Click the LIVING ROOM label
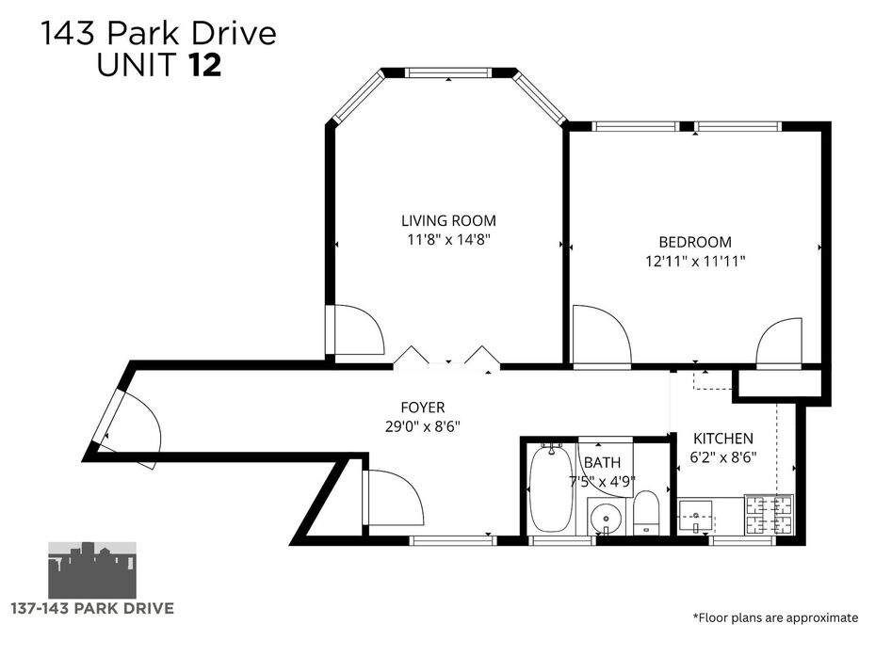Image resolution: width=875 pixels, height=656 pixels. tap(448, 220)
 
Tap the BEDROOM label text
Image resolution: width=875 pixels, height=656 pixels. tap(695, 242)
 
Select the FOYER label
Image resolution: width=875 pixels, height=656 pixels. tap(423, 408)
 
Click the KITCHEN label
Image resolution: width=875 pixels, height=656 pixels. tap(723, 439)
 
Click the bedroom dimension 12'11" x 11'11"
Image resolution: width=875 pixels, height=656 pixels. tap(695, 261)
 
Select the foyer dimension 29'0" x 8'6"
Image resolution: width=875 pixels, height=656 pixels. tap(423, 426)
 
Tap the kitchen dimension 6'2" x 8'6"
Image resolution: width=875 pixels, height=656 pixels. tap(723, 457)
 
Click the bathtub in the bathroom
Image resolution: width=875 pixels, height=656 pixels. tap(550, 488)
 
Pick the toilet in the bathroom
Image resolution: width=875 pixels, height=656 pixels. tap(647, 512)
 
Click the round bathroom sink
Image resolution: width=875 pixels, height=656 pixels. tap(606, 518)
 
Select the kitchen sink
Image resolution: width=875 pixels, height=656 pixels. tap(695, 517)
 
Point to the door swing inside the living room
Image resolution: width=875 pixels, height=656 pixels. tap(357, 329)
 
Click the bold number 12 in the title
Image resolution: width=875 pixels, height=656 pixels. tap(205, 65)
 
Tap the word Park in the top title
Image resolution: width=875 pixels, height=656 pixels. tap(143, 34)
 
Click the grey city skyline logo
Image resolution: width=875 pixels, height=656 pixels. tap(92, 569)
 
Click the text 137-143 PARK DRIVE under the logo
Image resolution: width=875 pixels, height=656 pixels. tap(92, 608)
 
